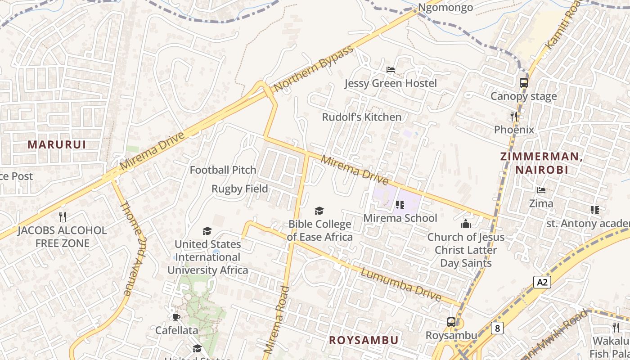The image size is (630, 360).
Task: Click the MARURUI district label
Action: (x=57, y=144)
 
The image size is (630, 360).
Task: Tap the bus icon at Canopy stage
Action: (x=523, y=83)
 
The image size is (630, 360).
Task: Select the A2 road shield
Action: (x=542, y=282)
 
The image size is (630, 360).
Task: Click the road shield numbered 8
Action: (x=497, y=328)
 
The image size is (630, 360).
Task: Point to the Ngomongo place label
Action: (x=445, y=8)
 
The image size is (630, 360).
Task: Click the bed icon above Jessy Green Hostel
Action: (x=391, y=70)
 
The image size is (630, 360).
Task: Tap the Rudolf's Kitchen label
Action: (x=361, y=117)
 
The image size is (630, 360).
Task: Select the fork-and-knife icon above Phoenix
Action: (x=514, y=117)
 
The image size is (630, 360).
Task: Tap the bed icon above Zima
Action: (x=541, y=190)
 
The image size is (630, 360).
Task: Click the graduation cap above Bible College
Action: (x=319, y=211)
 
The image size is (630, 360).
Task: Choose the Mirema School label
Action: (x=400, y=218)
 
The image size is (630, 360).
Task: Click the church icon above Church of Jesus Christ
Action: (x=465, y=223)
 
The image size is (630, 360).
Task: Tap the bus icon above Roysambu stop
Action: (x=451, y=322)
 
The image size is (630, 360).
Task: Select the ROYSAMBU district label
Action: (x=364, y=340)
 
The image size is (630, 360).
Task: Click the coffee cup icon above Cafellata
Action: (x=176, y=317)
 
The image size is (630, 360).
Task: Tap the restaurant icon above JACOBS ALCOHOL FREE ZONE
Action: (x=63, y=217)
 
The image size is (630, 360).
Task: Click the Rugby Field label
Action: (x=240, y=189)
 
